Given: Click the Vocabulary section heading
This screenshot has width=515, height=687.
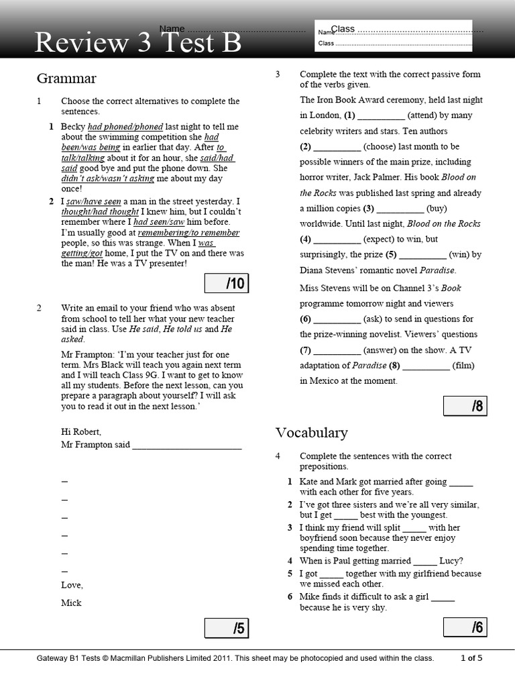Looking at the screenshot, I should click(x=311, y=433).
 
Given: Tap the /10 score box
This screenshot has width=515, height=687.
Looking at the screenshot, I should click(x=225, y=284).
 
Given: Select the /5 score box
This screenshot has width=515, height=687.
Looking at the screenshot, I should click(x=225, y=629).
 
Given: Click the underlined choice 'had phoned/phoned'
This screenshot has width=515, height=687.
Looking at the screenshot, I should click(x=125, y=126).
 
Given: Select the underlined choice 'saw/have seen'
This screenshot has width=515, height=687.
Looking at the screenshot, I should click(x=93, y=201).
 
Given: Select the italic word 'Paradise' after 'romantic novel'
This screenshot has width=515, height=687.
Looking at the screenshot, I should click(x=437, y=270).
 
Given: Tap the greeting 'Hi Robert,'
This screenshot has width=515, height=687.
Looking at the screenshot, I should click(x=81, y=431).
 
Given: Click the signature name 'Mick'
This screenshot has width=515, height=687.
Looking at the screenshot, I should click(x=71, y=602).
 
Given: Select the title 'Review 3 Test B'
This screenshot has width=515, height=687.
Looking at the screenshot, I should click(x=137, y=42).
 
